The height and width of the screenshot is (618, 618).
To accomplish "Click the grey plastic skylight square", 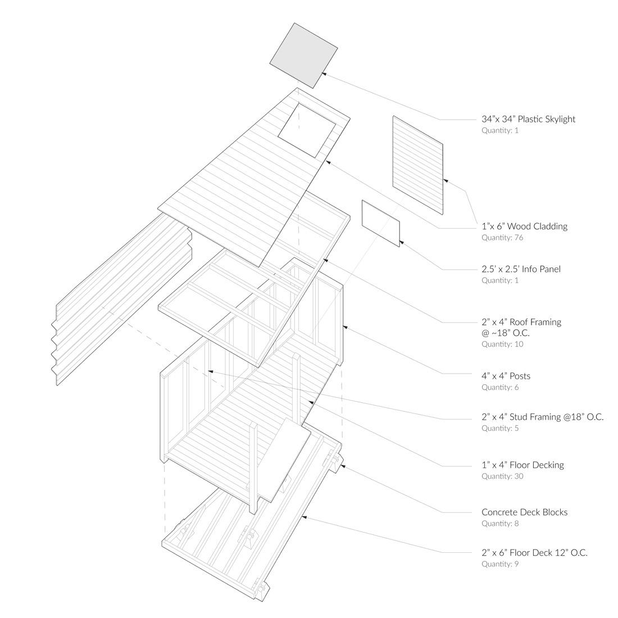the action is pyautogui.click(x=303, y=55).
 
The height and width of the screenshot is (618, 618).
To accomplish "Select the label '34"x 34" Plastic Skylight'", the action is pyautogui.click(x=528, y=119).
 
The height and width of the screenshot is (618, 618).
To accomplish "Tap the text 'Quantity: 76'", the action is pyautogui.click(x=502, y=238).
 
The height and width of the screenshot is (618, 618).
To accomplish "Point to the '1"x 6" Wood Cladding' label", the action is pyautogui.click(x=524, y=226).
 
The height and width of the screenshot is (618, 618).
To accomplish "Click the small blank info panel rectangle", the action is pyautogui.click(x=381, y=223).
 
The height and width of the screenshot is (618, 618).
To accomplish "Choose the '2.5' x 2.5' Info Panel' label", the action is pyautogui.click(x=521, y=269).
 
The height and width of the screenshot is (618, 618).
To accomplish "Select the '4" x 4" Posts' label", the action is pyautogui.click(x=506, y=376).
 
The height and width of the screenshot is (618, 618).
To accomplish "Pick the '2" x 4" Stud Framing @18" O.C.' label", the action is pyautogui.click(x=542, y=417).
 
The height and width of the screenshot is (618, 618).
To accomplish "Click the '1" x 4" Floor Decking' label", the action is pyautogui.click(x=522, y=465).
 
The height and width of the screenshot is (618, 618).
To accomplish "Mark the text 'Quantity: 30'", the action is pyautogui.click(x=500, y=476).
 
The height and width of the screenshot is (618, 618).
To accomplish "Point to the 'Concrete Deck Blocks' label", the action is pyautogui.click(x=524, y=512).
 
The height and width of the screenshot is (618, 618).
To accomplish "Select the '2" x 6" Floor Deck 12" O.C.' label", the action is pyautogui.click(x=534, y=552).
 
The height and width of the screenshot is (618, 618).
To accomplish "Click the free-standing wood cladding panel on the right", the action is pyautogui.click(x=417, y=165).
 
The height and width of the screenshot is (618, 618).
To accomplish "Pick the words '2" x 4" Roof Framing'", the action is pyautogui.click(x=521, y=322).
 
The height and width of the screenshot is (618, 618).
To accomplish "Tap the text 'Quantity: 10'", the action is pyautogui.click(x=502, y=344).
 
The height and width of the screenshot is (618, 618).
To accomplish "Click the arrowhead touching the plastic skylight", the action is pyautogui.click(x=324, y=72).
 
